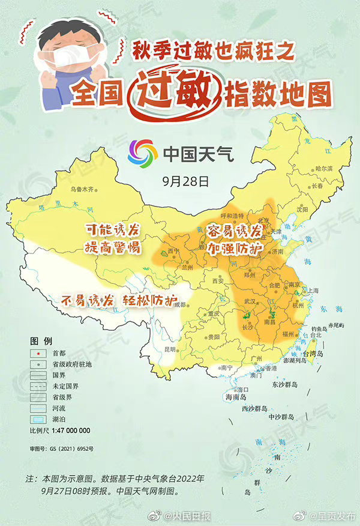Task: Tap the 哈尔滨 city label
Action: point(323,169)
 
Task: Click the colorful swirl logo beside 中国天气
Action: point(141,154)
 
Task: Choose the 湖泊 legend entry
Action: point(59,419)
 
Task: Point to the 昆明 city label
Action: point(154,348)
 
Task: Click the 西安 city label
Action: point(217,280)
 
